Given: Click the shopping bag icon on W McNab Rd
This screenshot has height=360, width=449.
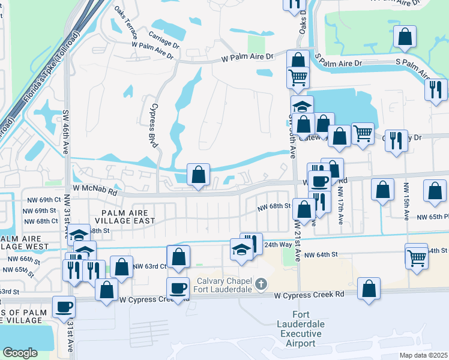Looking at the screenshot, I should (x=199, y=175).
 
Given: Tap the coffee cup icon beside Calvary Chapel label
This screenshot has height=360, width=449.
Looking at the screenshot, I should (x=178, y=289).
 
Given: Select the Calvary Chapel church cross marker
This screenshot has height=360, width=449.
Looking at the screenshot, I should (x=261, y=283).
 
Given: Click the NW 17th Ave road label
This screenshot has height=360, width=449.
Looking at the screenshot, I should (x=340, y=205).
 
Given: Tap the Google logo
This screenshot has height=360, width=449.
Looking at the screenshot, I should (x=20, y=352).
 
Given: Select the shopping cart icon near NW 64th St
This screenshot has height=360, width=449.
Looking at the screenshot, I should (x=417, y=259).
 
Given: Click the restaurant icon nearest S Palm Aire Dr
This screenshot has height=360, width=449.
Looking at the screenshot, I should (x=435, y=89).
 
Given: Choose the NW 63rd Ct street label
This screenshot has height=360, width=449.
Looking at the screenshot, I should (x=149, y=266).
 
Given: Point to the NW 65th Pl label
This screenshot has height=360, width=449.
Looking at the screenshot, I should (x=433, y=217).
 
